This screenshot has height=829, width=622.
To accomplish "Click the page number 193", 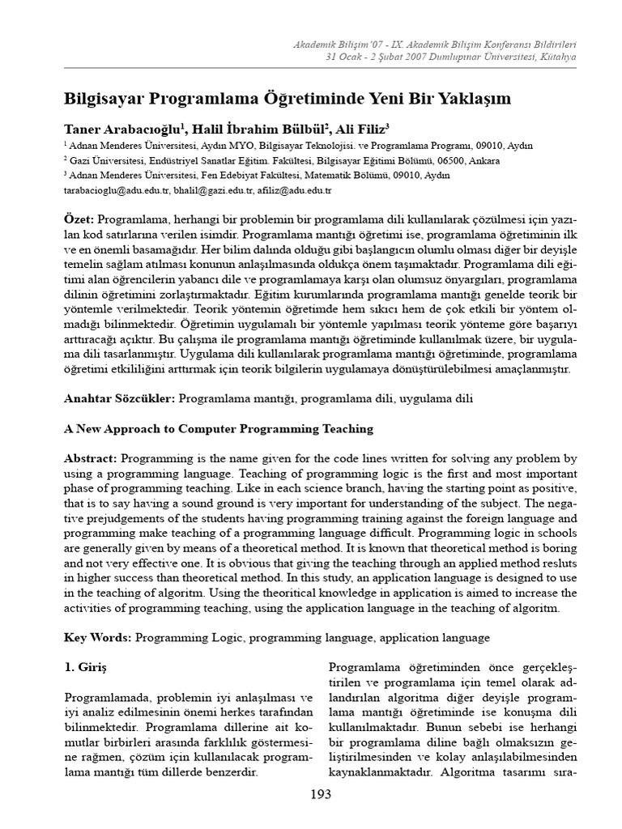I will coord(321,794).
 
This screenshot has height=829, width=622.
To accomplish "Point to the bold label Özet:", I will coord(79,221).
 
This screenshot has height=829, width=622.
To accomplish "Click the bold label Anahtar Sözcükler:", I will coord(120,398).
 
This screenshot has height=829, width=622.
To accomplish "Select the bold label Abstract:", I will coord(91,458).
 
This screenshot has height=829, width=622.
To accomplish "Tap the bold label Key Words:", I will coord(98,638).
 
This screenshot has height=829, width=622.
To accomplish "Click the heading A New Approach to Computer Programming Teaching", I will coord(219,428).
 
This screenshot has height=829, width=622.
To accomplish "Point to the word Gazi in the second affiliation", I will coord(83,160).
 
